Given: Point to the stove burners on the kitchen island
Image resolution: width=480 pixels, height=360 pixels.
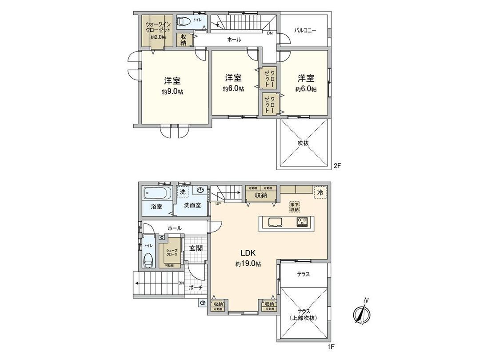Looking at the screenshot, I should [303, 222].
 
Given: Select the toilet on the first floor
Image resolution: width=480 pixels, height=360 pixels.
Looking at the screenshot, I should [148, 260].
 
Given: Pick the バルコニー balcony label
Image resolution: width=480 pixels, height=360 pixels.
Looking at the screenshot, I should [305, 31].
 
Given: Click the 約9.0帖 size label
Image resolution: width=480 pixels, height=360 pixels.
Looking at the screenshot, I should [172, 92].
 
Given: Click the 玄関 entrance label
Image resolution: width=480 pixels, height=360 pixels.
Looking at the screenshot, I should [196, 248].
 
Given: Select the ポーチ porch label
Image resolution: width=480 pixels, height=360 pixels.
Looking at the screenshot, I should [196, 288].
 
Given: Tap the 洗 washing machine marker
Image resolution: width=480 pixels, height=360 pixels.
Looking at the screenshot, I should [182, 192].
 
